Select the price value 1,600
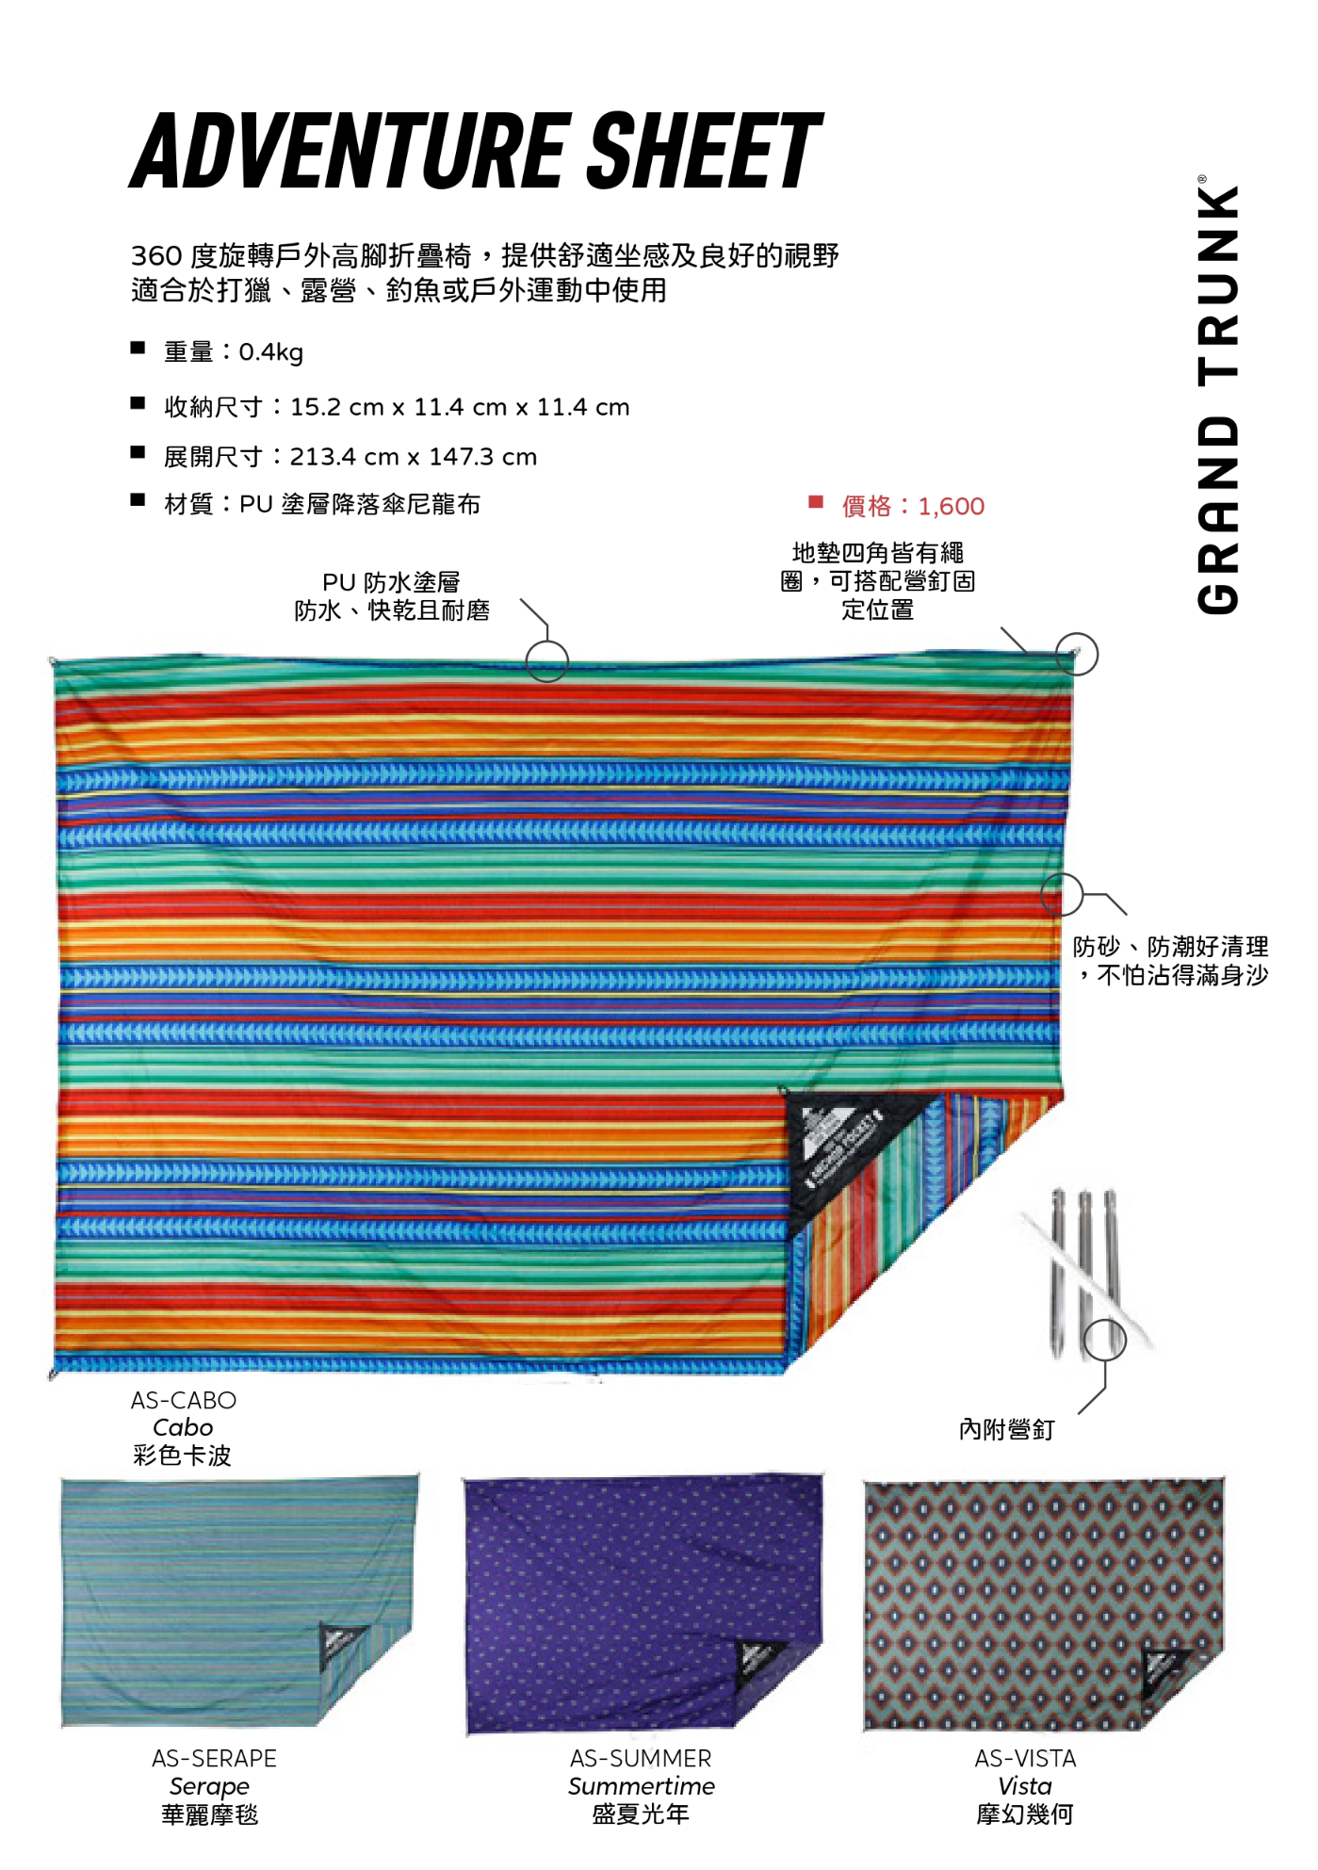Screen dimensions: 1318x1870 951,507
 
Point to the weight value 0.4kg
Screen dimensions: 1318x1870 270,352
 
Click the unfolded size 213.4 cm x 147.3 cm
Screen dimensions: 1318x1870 413,457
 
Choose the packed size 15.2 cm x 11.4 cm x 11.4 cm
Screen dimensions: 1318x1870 460,407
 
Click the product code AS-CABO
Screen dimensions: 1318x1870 184,1401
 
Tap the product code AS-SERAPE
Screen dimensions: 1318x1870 214,1759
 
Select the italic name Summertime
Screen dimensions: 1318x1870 641,1786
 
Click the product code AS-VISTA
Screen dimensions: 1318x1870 1025,1759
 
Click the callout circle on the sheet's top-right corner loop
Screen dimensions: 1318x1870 1077,654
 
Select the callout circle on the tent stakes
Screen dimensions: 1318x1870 1104,1340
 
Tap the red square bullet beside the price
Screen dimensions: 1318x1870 816,502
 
